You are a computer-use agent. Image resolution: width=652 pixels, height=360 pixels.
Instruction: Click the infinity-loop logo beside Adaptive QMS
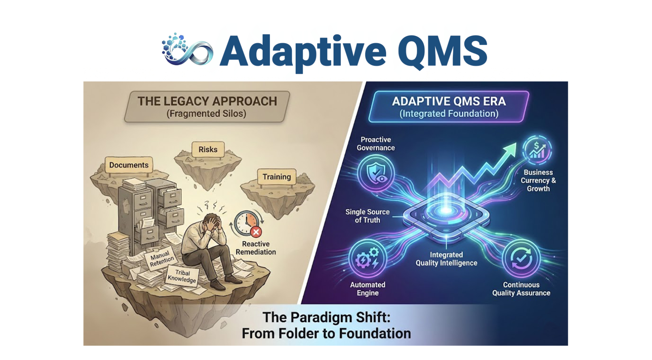187,50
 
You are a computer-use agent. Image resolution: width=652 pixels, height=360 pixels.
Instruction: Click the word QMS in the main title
442,51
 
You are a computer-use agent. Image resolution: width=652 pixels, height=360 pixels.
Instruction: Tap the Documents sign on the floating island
129,165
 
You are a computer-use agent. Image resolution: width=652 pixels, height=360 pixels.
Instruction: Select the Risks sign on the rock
208,150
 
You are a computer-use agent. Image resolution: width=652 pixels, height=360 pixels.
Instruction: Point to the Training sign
277,177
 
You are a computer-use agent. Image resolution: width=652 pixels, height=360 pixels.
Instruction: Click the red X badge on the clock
256,232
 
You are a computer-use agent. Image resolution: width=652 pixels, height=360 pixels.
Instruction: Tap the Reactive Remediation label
256,248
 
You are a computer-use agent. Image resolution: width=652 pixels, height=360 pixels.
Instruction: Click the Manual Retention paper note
160,259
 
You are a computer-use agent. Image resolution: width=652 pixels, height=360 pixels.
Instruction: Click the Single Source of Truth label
367,216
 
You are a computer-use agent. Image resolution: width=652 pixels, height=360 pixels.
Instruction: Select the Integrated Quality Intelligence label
446,259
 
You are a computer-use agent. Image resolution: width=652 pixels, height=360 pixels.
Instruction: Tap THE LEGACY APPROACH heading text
207,101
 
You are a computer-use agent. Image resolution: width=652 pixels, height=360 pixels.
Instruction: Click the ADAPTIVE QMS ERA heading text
449,101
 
